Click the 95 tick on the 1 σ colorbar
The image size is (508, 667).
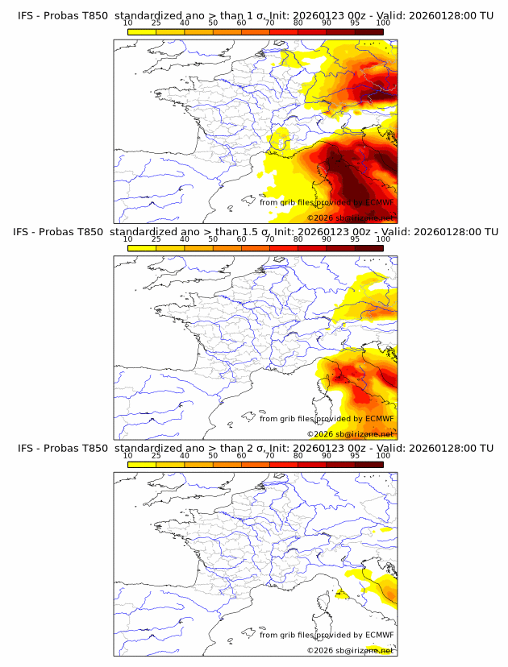355,23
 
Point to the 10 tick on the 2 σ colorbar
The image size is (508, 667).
127,455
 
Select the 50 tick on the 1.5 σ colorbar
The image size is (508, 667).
213,239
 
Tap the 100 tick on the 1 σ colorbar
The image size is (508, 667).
383,23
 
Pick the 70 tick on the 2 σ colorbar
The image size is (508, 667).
269,455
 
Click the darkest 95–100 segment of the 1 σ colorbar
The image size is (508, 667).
369,31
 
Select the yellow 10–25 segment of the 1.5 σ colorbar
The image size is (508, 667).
142,248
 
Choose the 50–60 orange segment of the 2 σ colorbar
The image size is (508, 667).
227,465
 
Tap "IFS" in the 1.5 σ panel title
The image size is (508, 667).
27,232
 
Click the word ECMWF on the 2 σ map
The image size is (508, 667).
379,635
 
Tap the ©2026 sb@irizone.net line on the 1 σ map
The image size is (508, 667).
351,218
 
